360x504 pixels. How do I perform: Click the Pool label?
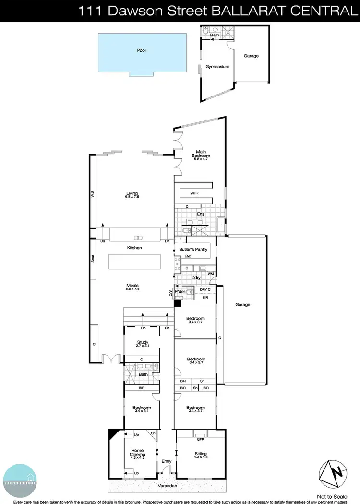[x=141, y=50]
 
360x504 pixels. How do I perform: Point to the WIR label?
[x=194, y=193]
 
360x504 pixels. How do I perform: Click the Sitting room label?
[x=201, y=454]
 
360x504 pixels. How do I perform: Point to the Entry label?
[x=167, y=461]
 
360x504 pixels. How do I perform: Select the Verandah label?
[x=167, y=485]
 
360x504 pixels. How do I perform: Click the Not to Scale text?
[x=332, y=496]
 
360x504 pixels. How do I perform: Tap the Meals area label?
[x=133, y=287]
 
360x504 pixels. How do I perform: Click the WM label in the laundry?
[x=210, y=274]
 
